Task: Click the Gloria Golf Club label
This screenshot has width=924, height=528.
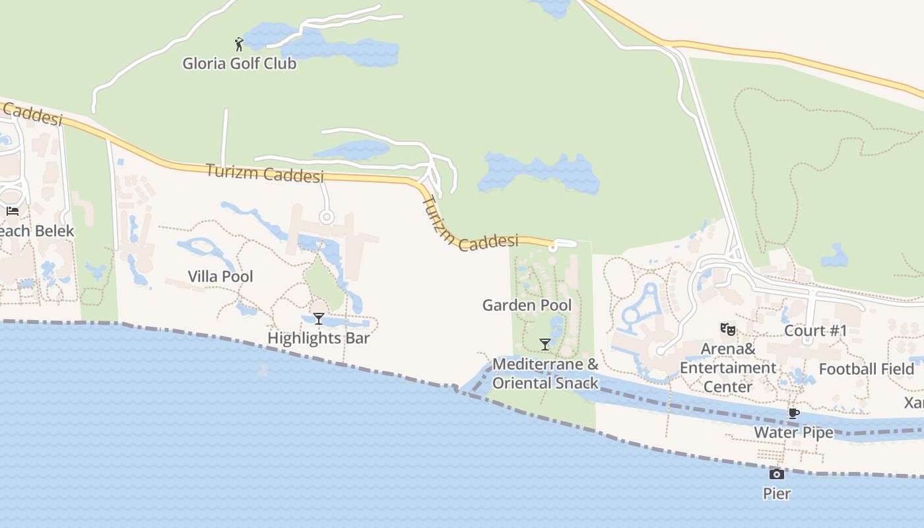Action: pyautogui.click(x=240, y=64)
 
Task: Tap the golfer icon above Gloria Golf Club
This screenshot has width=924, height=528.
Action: pyautogui.click(x=239, y=45)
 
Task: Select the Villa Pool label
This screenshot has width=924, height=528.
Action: pyautogui.click(x=220, y=277)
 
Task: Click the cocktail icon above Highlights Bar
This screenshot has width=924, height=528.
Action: pyautogui.click(x=319, y=319)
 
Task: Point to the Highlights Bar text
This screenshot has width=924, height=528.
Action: pyautogui.click(x=319, y=339)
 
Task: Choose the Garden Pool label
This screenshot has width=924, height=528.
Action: pyautogui.click(x=527, y=306)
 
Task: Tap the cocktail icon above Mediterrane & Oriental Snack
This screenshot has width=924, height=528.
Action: pyautogui.click(x=545, y=345)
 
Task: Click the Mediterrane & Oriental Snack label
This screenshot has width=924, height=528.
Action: pyautogui.click(x=546, y=374)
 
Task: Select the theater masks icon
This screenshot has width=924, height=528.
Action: pyautogui.click(x=728, y=329)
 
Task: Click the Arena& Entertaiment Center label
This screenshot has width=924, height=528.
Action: pyautogui.click(x=728, y=368)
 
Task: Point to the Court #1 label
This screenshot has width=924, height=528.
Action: pyautogui.click(x=815, y=331)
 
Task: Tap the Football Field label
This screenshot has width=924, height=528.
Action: pyautogui.click(x=867, y=369)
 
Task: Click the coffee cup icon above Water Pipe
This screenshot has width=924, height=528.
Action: pyautogui.click(x=793, y=414)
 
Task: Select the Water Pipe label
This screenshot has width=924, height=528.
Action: pyautogui.click(x=793, y=433)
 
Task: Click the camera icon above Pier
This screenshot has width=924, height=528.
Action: pyautogui.click(x=777, y=474)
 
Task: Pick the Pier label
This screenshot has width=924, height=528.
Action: pyautogui.click(x=777, y=494)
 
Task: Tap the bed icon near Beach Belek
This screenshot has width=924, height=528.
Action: pyautogui.click(x=13, y=211)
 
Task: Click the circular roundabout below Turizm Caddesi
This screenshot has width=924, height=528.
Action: pyautogui.click(x=326, y=216)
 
